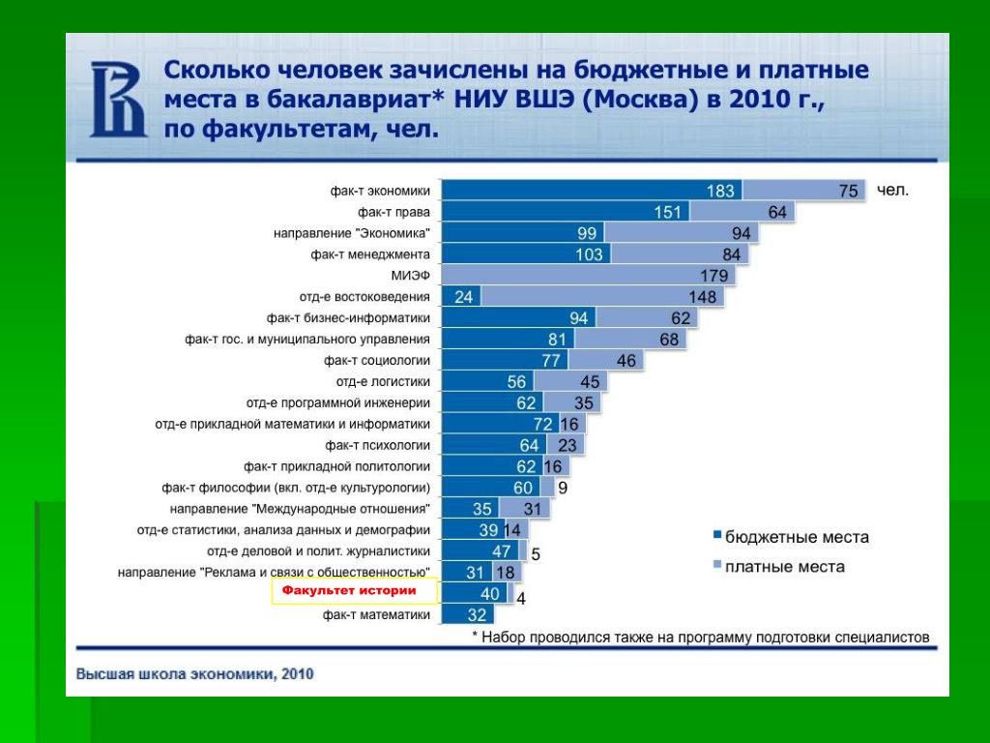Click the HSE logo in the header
(x=118, y=100)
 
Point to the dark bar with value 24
(x=461, y=297)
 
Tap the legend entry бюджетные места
(x=797, y=537)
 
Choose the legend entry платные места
(x=784, y=566)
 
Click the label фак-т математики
(x=376, y=613)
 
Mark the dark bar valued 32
(x=467, y=613)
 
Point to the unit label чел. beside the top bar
(x=892, y=191)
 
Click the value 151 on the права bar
(x=668, y=212)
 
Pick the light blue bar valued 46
(x=609, y=361)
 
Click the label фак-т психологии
(x=377, y=445)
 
